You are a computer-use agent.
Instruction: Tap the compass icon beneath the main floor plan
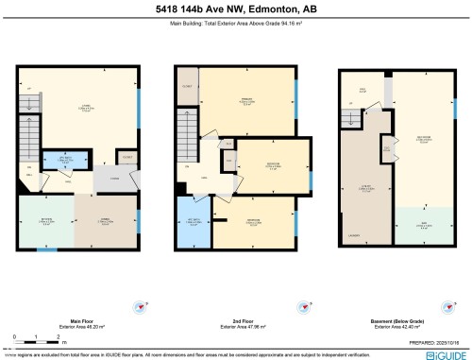pyautogui.click(x=142, y=306)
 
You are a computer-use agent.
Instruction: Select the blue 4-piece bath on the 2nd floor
pyautogui.click(x=193, y=220)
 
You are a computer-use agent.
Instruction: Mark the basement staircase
pyautogui.click(x=350, y=118)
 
